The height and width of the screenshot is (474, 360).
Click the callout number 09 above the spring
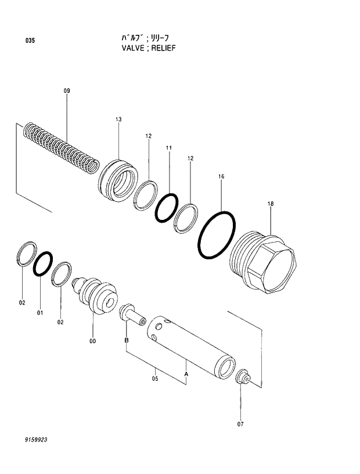click(x=67, y=91)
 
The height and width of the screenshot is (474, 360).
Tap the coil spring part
click(x=61, y=147)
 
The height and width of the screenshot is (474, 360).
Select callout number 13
click(x=118, y=120)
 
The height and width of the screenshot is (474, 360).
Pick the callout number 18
click(x=271, y=204)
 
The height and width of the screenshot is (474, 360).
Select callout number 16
click(x=221, y=175)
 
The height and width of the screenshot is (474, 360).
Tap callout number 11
click(x=169, y=149)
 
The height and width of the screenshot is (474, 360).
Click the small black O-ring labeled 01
click(x=43, y=264)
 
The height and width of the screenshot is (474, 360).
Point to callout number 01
click(x=40, y=313)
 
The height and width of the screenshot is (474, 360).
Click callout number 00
click(x=92, y=341)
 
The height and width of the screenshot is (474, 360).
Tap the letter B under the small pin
click(x=126, y=341)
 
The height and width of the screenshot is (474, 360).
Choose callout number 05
click(x=155, y=380)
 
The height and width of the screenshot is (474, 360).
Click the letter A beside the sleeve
click(x=186, y=374)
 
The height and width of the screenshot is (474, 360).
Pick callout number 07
click(x=240, y=424)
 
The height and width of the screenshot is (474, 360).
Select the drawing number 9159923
click(x=35, y=440)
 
